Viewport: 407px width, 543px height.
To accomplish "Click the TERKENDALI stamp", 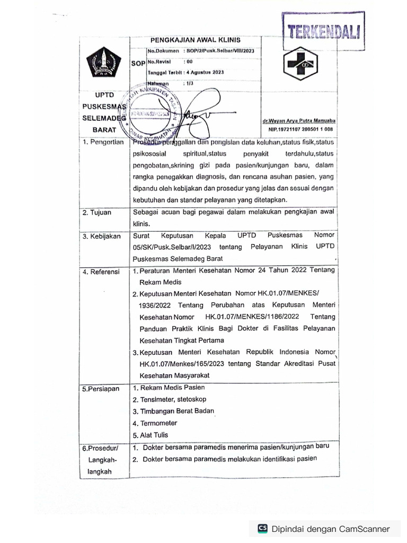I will [323, 32].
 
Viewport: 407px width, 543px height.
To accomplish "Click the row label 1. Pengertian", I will [103, 142].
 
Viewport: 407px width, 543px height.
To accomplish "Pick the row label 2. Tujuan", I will [97, 213].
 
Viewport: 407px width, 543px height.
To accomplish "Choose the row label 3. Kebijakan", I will [102, 237].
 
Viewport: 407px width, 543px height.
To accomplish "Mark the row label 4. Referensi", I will [102, 272].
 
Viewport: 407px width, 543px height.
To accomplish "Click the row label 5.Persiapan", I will [101, 389].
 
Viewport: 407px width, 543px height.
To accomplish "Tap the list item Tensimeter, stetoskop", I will [170, 399].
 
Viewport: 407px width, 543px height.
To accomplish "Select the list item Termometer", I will [158, 423].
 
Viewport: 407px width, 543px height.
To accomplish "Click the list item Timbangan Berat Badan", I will [177, 411].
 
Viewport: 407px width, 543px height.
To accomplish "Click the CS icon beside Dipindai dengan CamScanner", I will [262, 528].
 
